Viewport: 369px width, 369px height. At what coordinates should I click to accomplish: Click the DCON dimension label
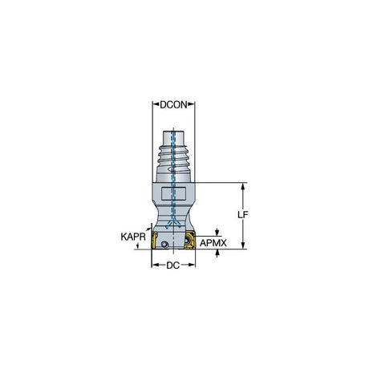click(173, 105)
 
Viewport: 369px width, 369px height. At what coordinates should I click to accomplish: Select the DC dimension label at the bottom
click(173, 266)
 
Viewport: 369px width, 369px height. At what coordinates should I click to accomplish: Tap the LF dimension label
click(243, 214)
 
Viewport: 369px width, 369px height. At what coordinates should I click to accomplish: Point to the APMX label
click(213, 243)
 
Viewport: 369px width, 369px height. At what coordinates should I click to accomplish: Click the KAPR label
click(133, 237)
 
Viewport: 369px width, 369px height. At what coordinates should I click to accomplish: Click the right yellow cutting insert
click(190, 241)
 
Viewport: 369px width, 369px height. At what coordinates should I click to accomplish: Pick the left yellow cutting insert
click(155, 241)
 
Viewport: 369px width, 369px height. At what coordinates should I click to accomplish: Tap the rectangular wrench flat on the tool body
click(173, 193)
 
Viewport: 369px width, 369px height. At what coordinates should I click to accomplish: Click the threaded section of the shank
click(173, 156)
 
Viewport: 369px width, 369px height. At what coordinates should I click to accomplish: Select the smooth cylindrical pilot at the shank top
click(173, 138)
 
